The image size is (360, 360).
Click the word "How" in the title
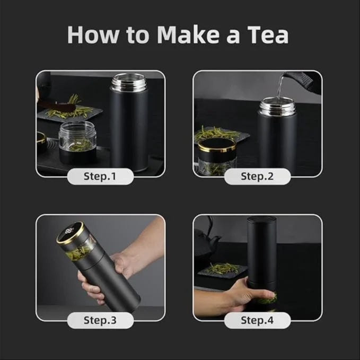tap(91, 34)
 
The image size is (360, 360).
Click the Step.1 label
tap(100, 176)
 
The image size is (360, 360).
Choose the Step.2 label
tap(257, 176)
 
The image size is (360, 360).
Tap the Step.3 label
tap(100, 320)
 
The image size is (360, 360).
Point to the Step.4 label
tap(257, 320)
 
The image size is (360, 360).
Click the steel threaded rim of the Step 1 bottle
tap(129, 82)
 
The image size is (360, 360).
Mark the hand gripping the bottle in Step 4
tap(241, 292)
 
